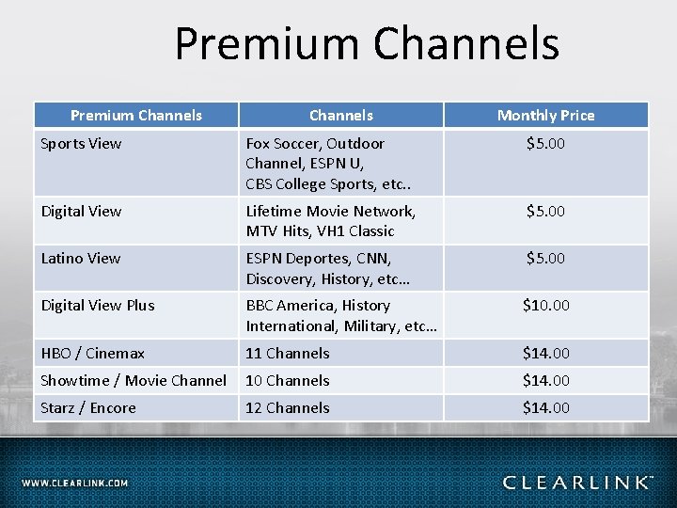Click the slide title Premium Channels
[x=367, y=44]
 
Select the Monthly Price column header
[x=545, y=116]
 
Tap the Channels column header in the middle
[x=341, y=116]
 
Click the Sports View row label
[x=81, y=144]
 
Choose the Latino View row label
[x=81, y=258]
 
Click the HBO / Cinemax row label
[x=92, y=353]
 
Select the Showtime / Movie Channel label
[x=134, y=380]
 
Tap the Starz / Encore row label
[x=88, y=407]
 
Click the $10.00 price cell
[x=546, y=305]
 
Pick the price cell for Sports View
[x=546, y=144]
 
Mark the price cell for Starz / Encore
[x=546, y=407]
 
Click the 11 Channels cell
[x=288, y=353]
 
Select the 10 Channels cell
[x=288, y=380]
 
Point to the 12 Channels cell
[x=288, y=407]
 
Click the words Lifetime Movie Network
[x=330, y=211]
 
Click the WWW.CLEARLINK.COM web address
[x=75, y=483]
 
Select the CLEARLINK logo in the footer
[x=577, y=483]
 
